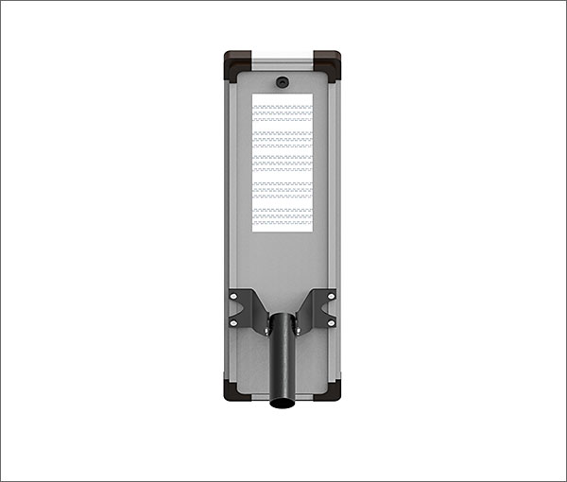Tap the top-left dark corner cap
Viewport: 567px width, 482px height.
pyautogui.click(x=236, y=64)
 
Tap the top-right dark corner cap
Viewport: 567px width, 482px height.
pyautogui.click(x=329, y=64)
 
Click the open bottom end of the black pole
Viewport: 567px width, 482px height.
pyautogui.click(x=283, y=404)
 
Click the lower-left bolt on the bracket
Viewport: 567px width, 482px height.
pyautogui.click(x=234, y=323)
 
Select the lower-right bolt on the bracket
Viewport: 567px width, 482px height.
pyautogui.click(x=331, y=323)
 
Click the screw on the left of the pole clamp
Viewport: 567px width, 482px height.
pyautogui.click(x=268, y=330)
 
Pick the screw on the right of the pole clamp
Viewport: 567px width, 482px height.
pyautogui.click(x=297, y=330)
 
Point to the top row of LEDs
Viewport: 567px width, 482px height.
pyautogui.click(x=283, y=107)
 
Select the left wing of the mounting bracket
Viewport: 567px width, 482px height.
pyautogui.click(x=248, y=308)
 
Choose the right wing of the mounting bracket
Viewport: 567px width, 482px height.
pyautogui.click(x=318, y=308)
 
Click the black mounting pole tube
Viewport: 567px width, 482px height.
pyautogui.click(x=283, y=364)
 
